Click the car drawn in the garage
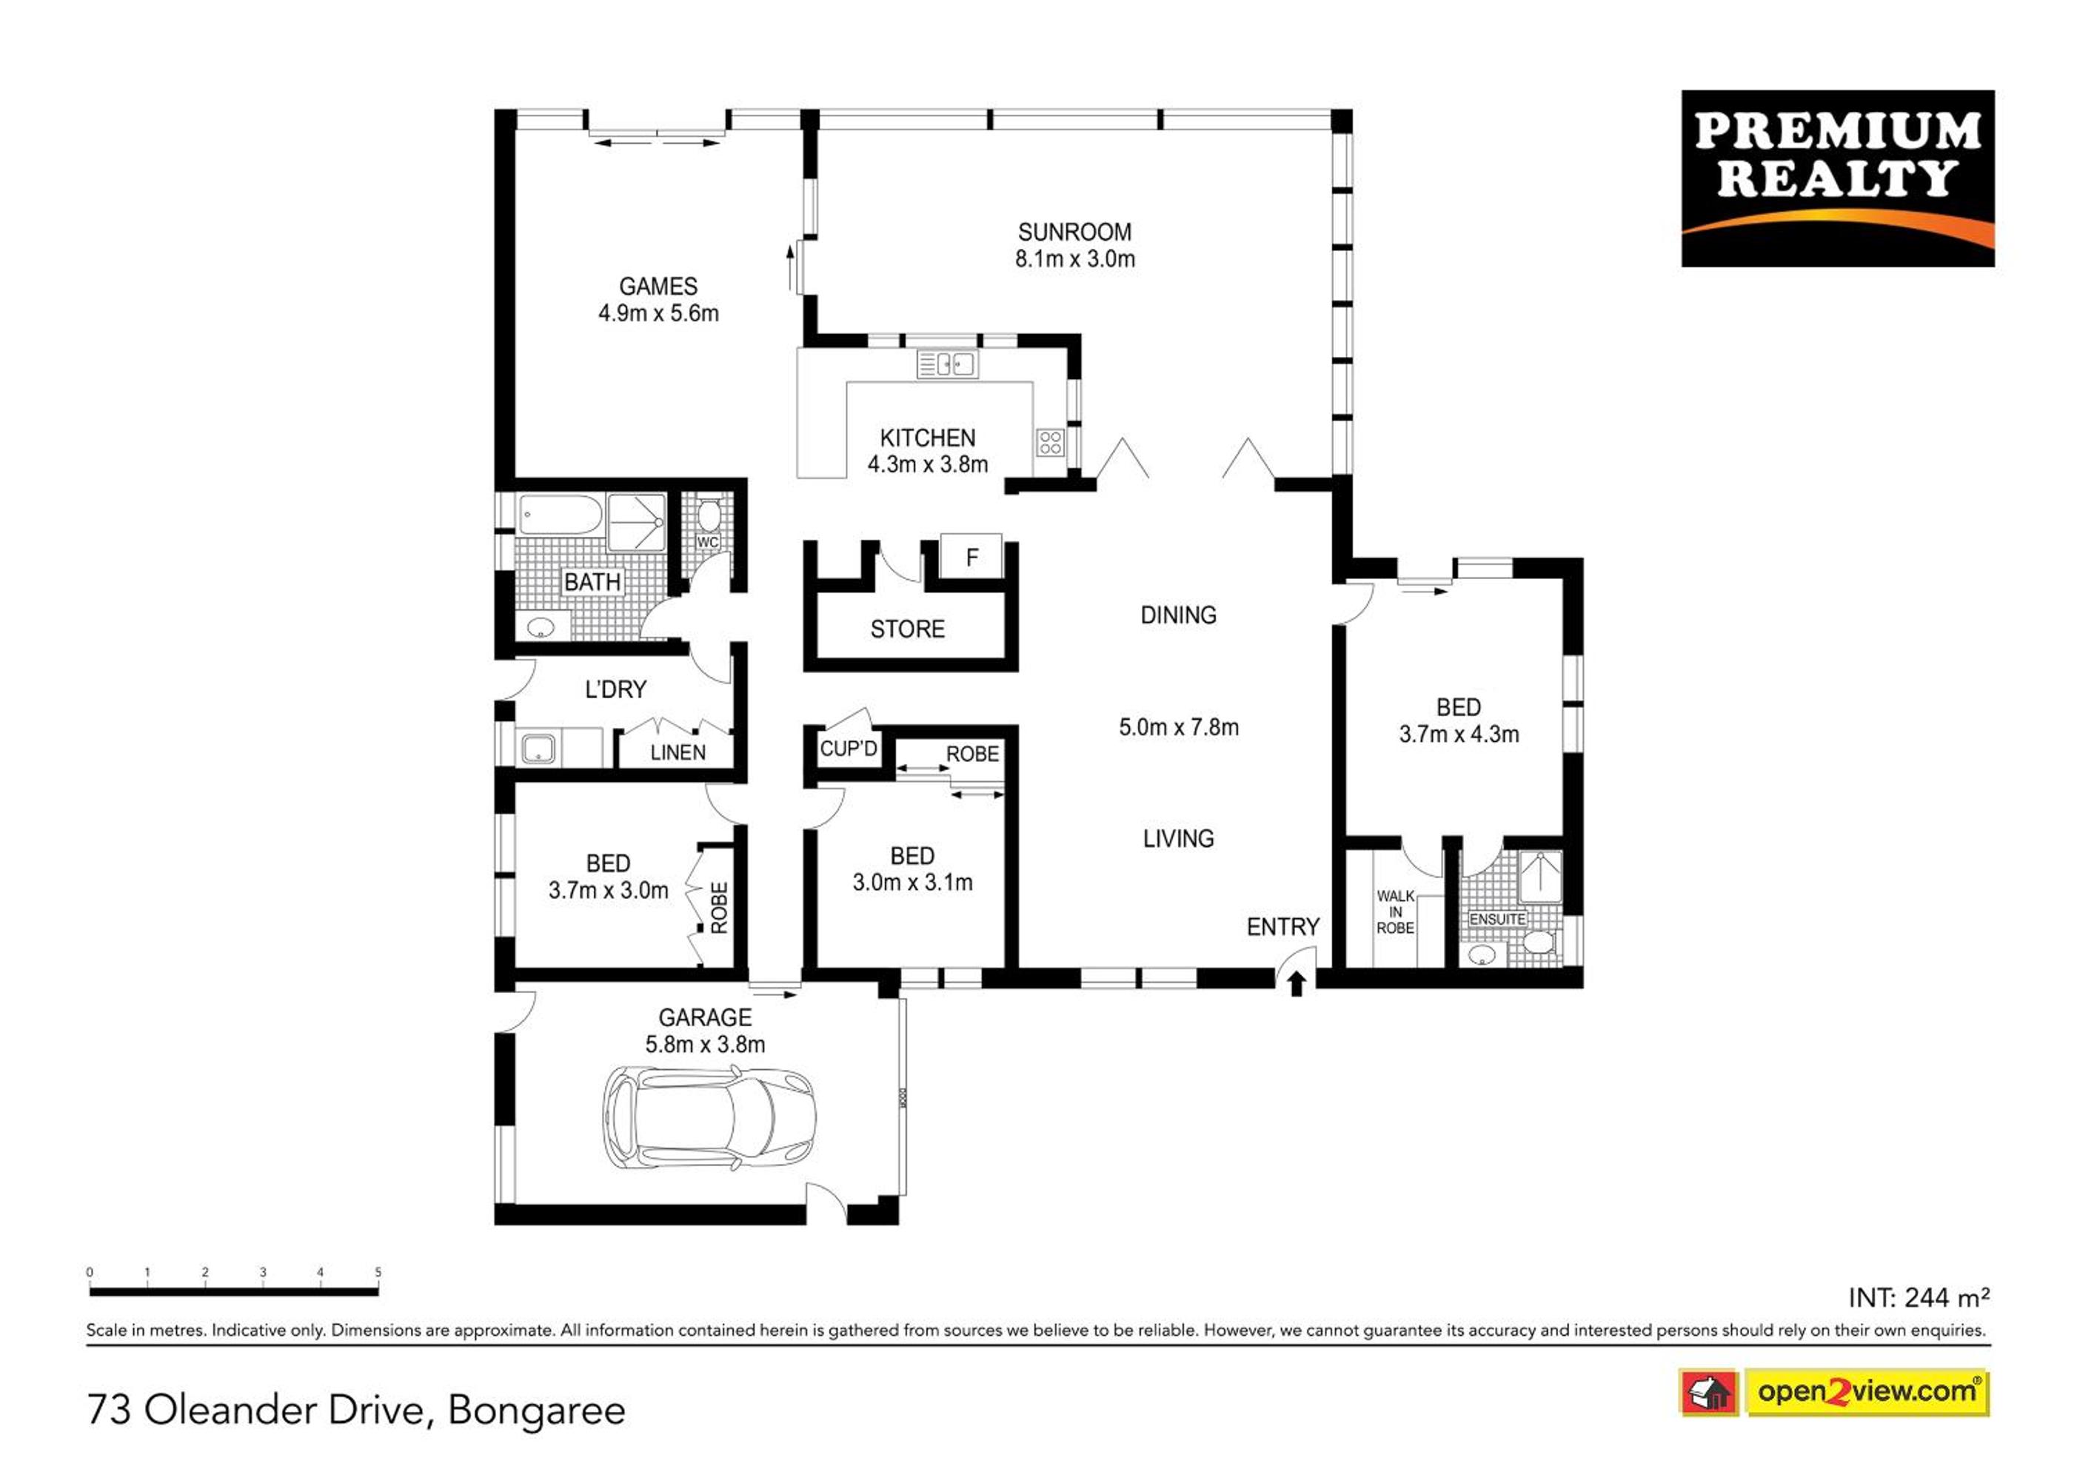click(x=710, y=1117)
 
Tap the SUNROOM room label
click(x=1074, y=232)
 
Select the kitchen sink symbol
click(x=947, y=364)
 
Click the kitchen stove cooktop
click(x=1050, y=442)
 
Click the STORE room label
click(x=907, y=629)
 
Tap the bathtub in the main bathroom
click(x=560, y=515)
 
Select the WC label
click(x=707, y=543)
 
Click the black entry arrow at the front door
click(x=1297, y=983)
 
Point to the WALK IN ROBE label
click(x=1395, y=911)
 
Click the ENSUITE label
click(x=1497, y=919)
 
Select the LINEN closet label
click(x=678, y=752)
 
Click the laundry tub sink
click(x=539, y=748)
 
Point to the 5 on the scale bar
click(x=378, y=1272)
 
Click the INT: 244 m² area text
click(x=1919, y=1298)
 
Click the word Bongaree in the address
click(x=536, y=1411)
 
